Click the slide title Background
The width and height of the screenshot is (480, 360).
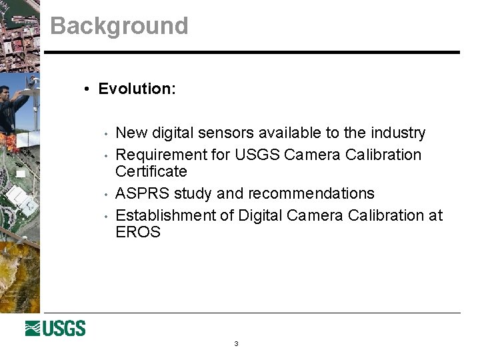click(119, 26)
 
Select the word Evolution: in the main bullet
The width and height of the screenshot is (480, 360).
click(137, 89)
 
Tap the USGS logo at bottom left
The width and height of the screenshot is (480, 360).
click(55, 328)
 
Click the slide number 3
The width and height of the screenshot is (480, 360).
click(236, 344)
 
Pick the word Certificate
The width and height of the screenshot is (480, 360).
click(151, 171)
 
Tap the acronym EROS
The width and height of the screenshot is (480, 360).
click(138, 232)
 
